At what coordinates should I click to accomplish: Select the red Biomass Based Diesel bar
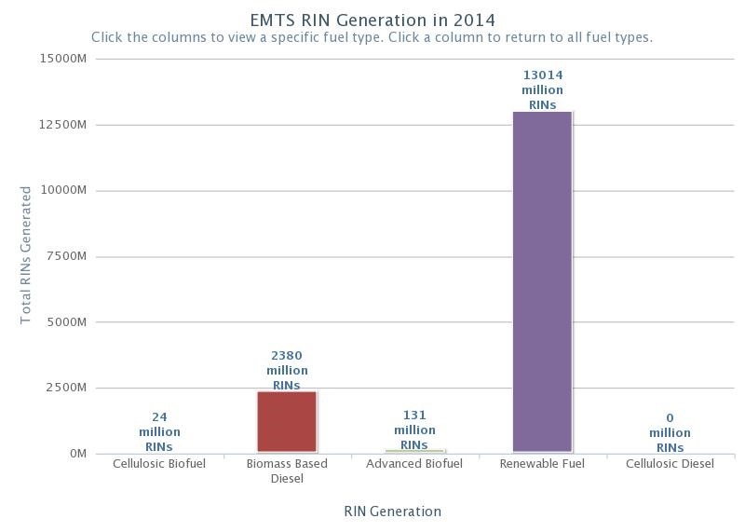point(287,421)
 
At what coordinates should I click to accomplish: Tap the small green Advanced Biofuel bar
point(414,451)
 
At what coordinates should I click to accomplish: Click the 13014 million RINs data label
point(542,90)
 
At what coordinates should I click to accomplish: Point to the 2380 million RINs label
point(287,370)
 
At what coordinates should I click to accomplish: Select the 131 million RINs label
point(414,430)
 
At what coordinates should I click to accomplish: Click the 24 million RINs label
point(159,431)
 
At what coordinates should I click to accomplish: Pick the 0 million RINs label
point(670,432)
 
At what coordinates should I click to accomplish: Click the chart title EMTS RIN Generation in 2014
point(372,20)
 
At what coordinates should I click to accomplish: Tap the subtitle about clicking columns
point(372,38)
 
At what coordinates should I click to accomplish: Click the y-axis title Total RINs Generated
point(26,255)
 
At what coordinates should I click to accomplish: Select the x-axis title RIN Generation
point(392,511)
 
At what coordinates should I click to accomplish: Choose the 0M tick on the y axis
point(76,454)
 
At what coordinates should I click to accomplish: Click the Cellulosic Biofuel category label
point(159,464)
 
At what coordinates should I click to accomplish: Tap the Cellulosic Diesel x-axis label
point(670,464)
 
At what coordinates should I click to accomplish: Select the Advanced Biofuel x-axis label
point(414,464)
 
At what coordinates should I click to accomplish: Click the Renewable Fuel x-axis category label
point(542,464)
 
